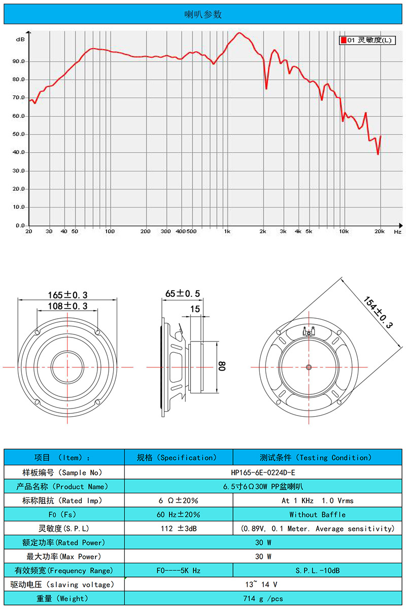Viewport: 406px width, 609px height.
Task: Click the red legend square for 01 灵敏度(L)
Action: pyautogui.click(x=344, y=40)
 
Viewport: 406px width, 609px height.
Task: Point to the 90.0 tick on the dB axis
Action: pyautogui.click(x=18, y=61)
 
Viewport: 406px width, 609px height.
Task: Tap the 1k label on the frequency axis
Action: pyautogui.click(x=227, y=231)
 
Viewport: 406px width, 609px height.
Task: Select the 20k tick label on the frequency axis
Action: pyautogui.click(x=379, y=231)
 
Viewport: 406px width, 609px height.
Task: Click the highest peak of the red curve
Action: pyautogui.click(x=240, y=32)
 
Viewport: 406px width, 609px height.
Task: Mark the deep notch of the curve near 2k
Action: pyautogui.click(x=266, y=88)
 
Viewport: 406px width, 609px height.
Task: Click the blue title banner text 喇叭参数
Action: pyautogui.click(x=203, y=14)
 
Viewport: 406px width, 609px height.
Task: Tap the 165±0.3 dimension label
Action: pyautogui.click(x=67, y=295)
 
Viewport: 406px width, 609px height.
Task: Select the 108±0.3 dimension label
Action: pyautogui.click(x=67, y=306)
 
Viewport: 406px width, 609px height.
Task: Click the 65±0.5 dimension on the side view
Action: pyautogui.click(x=183, y=294)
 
